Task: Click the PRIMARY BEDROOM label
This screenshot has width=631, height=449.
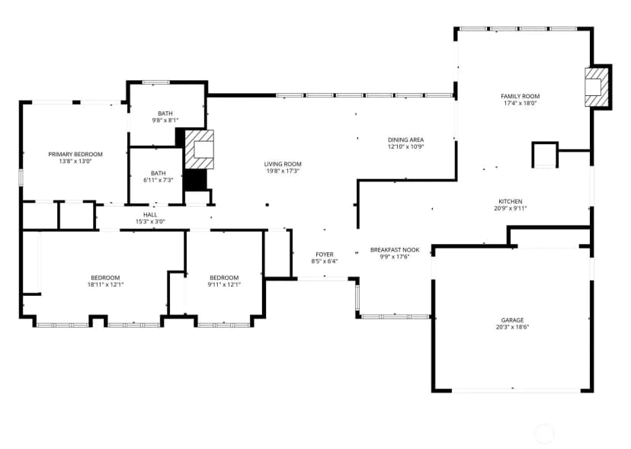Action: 75,154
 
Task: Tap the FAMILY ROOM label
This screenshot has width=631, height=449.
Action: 520,96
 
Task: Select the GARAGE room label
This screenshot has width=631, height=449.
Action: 512,320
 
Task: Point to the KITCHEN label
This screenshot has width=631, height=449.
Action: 511,201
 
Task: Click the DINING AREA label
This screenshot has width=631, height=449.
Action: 405,140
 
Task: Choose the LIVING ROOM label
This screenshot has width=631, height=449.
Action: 283,164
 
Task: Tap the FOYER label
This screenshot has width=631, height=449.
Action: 325,255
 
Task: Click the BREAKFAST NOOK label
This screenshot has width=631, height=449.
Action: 395,250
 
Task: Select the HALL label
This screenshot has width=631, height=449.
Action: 150,215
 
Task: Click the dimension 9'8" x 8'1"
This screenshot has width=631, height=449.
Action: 165,120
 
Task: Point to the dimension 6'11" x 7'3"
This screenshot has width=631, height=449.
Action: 159,180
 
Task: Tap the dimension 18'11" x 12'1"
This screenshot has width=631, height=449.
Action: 105,284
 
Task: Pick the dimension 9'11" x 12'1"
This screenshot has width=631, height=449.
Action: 224,284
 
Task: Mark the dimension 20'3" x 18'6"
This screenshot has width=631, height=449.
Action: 512,327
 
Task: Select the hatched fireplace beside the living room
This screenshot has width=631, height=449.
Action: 199,149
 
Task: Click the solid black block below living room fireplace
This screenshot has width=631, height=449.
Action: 195,180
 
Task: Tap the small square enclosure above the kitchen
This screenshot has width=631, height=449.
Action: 545,154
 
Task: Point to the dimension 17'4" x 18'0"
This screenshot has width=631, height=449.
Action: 520,103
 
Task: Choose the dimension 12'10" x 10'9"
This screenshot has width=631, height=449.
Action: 405,146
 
